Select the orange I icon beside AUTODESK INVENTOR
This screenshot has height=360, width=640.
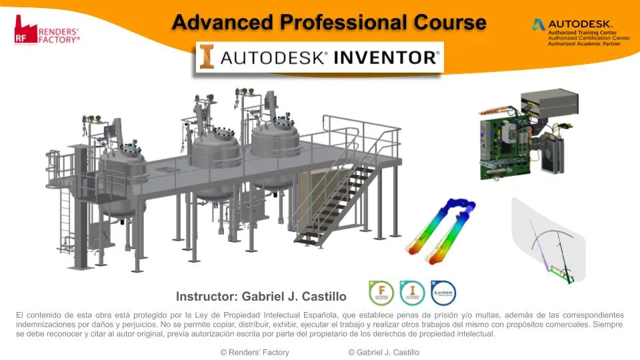point(207,57)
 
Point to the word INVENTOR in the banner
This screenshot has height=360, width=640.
point(384,57)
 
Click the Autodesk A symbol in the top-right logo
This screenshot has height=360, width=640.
point(538,25)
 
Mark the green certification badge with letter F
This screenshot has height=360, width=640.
point(381,293)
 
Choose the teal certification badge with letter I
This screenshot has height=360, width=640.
point(412,293)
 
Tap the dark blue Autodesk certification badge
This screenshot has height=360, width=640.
point(443,293)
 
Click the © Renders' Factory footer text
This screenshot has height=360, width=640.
point(255,352)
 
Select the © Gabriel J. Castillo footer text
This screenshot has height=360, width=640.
point(383,352)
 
